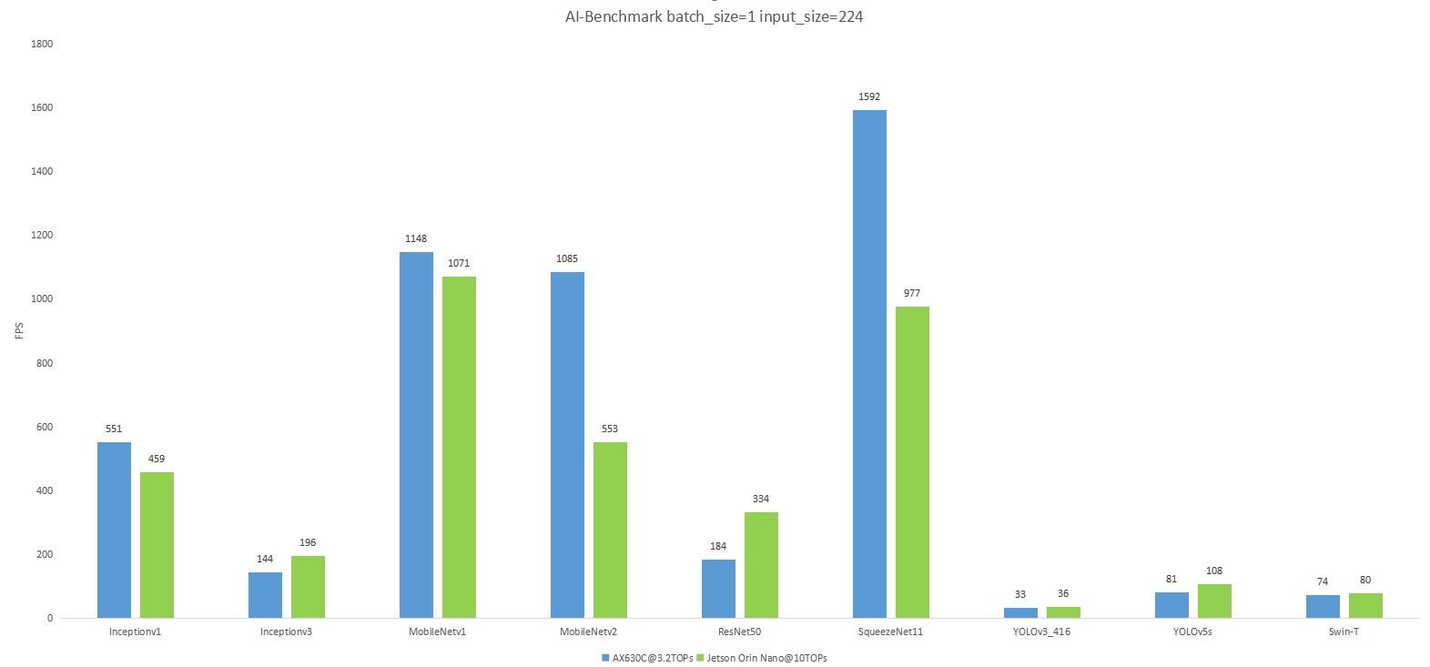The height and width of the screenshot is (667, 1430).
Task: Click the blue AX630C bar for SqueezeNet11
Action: (x=869, y=364)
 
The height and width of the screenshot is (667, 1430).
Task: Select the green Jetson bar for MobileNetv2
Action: (x=610, y=530)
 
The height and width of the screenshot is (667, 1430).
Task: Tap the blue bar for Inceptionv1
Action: (x=114, y=530)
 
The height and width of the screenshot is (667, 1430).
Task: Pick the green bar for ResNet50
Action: (x=761, y=565)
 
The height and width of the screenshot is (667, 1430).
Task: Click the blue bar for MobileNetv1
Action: (x=416, y=435)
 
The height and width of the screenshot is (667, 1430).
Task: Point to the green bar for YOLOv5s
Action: (x=1214, y=601)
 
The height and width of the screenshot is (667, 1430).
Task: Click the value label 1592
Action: (x=869, y=96)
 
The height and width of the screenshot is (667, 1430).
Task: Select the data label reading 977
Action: (x=912, y=293)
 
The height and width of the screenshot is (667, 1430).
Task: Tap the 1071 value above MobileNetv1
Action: (x=459, y=263)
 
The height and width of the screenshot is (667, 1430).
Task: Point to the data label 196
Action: (x=308, y=542)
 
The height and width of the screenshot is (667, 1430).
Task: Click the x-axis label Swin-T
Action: (x=1344, y=632)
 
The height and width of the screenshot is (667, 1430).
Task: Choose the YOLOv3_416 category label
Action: (x=1041, y=632)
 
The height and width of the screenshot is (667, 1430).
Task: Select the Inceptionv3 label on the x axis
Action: (x=286, y=632)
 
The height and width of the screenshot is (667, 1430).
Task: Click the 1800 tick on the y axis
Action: (x=42, y=44)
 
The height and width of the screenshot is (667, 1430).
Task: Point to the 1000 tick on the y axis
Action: (x=42, y=298)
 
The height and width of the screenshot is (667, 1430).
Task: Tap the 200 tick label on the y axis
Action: (x=45, y=554)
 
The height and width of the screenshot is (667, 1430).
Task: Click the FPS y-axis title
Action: (x=19, y=330)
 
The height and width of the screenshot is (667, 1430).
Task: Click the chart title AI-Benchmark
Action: (x=714, y=16)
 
